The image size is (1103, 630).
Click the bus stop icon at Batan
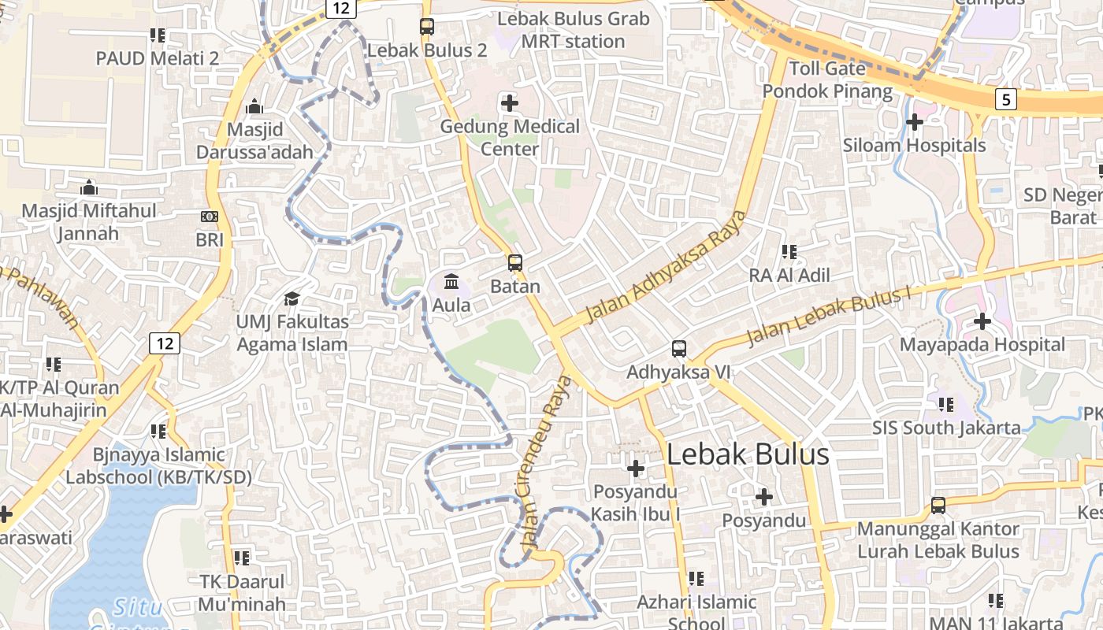(515, 263)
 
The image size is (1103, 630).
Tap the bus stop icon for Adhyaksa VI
(679, 348)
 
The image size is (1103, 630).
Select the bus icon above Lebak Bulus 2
(427, 27)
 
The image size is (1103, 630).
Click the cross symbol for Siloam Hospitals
(914, 122)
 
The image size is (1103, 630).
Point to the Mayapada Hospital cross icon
(982, 321)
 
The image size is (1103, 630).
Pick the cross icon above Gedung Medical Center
(510, 102)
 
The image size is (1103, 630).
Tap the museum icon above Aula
(451, 281)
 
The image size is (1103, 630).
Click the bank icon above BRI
(210, 216)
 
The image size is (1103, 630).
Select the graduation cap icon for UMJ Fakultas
(292, 298)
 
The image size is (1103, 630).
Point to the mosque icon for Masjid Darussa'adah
(254, 106)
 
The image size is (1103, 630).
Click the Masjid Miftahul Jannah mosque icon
(89, 187)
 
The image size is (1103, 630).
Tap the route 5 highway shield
(1005, 99)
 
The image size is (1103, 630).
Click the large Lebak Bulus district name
(748, 454)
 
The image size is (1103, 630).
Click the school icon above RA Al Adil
(789, 252)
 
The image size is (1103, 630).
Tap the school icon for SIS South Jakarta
(945, 405)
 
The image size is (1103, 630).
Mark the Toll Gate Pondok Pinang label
(827, 80)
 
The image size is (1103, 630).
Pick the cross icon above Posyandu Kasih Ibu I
(635, 469)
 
